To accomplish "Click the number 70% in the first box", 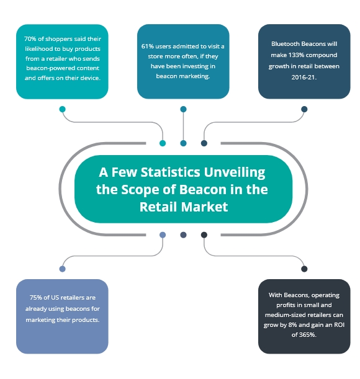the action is click(30, 39).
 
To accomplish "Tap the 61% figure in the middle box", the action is click(147, 46).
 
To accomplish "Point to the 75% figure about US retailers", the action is click(36, 297).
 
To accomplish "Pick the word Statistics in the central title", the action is click(171, 172).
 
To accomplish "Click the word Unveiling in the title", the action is click(235, 173).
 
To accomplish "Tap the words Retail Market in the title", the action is click(184, 207).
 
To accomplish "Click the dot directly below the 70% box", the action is click(63, 109).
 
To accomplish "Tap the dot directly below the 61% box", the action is click(183, 109).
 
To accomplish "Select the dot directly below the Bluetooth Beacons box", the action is click(304, 109).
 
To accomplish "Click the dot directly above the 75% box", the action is click(63, 269).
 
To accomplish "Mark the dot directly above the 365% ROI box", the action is click(304, 269).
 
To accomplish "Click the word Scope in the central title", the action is click(140, 190).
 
